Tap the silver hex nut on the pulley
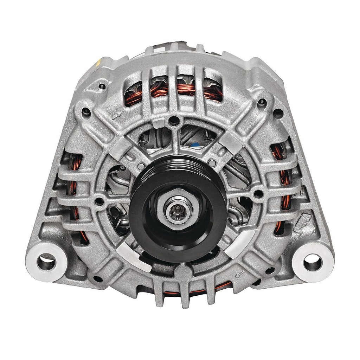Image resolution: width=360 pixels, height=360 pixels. pos(165,204)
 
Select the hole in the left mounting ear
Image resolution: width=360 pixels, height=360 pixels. pos(46,262)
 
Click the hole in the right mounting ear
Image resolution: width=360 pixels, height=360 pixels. pos(313,262)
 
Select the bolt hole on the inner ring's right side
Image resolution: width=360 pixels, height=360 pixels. pos(258,193)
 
